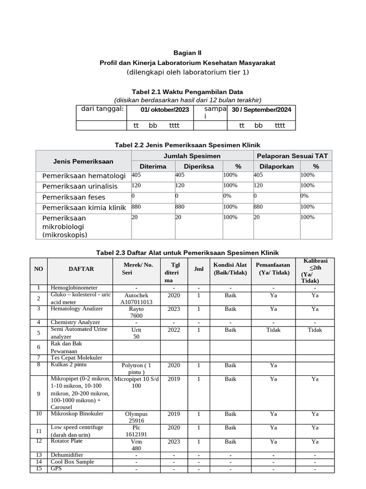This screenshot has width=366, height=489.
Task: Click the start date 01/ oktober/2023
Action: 165,110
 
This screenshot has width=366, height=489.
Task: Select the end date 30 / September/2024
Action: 261,110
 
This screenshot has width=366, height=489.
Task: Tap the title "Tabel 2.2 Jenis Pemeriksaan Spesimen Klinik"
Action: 188,145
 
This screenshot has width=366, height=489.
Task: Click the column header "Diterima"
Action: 153,166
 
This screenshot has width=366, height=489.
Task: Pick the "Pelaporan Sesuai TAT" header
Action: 293,156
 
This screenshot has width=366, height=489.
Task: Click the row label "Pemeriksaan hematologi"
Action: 84,176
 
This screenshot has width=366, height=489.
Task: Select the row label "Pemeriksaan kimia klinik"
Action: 84,207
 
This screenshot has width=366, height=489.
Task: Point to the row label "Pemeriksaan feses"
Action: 74,197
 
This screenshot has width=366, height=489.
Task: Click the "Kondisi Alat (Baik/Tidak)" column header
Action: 230,269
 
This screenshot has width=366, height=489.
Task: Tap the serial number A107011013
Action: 136,302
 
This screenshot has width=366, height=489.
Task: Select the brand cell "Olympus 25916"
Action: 136,417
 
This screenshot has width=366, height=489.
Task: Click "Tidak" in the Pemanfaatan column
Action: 273,330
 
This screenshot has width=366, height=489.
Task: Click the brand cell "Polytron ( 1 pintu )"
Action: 136,369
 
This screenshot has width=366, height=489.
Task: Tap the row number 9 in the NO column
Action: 39,393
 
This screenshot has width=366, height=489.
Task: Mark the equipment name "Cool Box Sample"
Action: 72,462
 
